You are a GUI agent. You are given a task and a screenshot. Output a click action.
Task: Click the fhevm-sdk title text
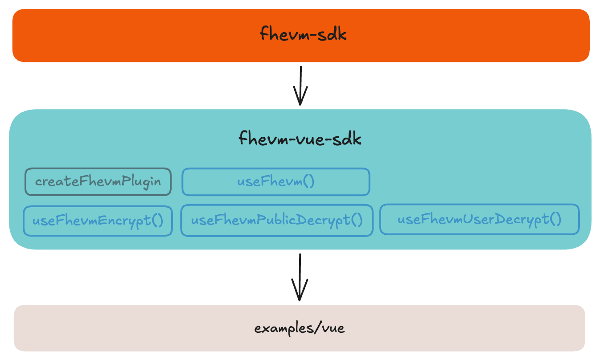303,35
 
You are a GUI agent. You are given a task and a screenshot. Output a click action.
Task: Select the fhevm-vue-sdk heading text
300,139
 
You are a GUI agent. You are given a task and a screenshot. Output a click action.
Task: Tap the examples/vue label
300,329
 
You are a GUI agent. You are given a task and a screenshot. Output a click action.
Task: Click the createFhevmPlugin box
98,182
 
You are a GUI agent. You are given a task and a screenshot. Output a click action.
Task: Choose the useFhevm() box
275,182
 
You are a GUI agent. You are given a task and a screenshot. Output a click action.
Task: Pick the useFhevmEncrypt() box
98,221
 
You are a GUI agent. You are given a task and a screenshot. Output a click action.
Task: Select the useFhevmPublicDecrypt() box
276,221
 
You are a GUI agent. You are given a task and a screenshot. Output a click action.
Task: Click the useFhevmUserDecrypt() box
479,219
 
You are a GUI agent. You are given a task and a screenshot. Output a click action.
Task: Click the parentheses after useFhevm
308,182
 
